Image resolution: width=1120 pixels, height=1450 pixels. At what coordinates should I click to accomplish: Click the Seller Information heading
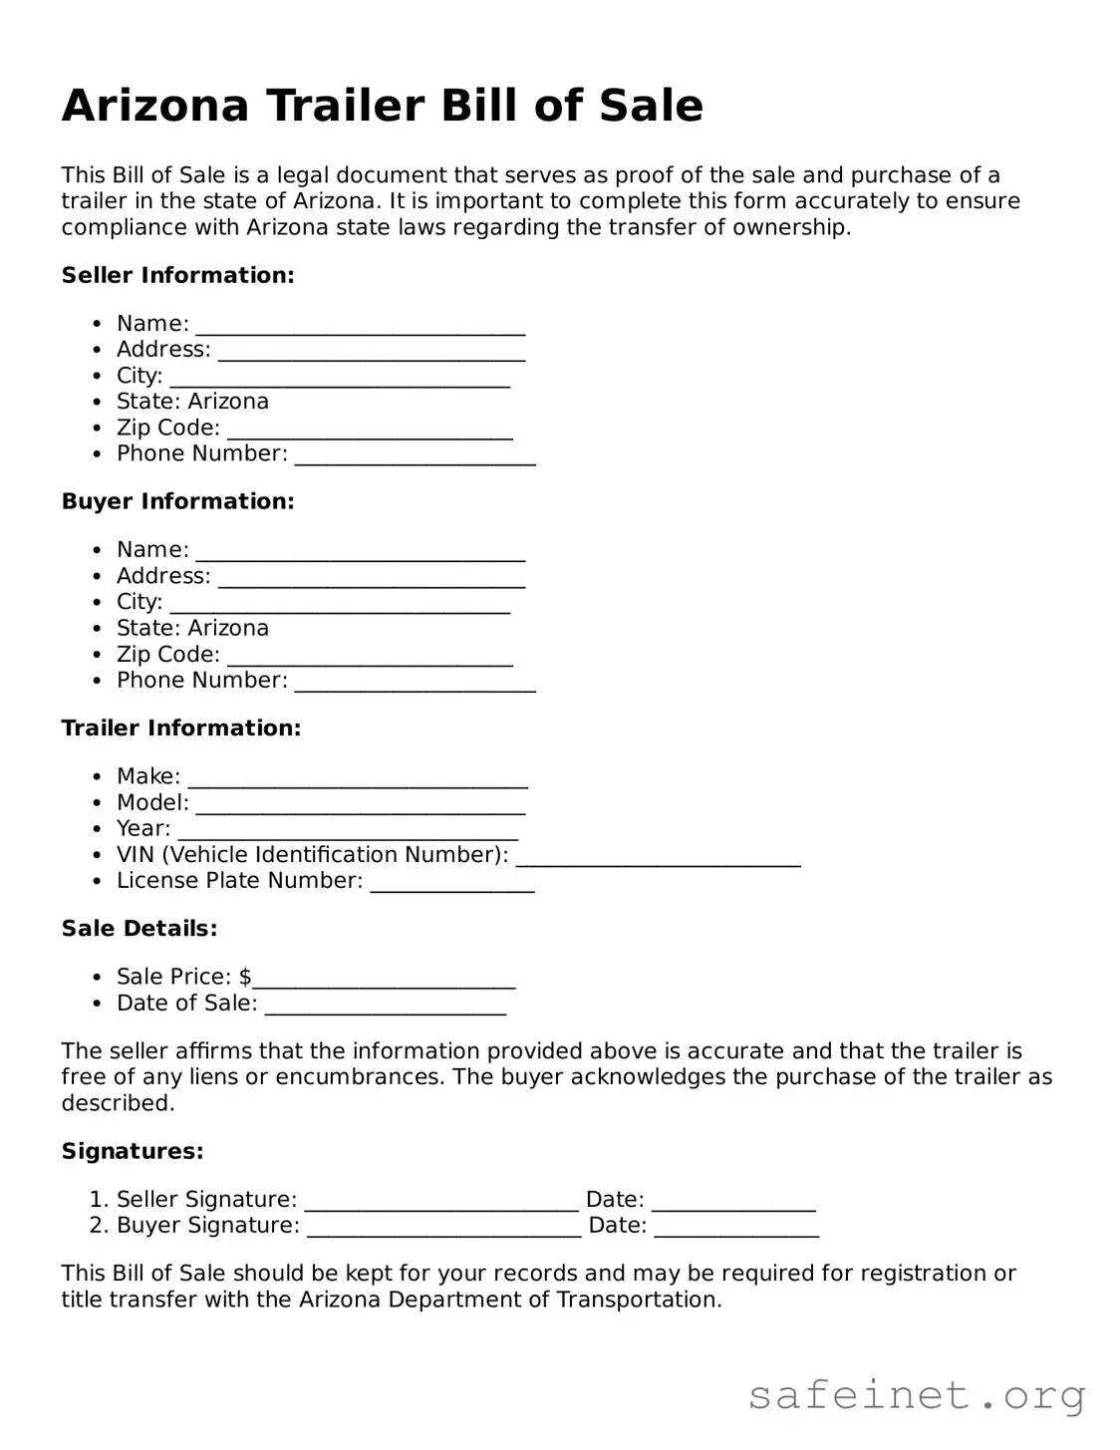tap(178, 275)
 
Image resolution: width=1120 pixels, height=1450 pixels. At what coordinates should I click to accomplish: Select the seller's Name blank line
tap(361, 330)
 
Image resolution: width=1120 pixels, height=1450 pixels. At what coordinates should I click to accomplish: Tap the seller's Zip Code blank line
tap(370, 434)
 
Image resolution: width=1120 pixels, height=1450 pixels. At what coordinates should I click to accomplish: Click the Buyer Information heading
tap(178, 501)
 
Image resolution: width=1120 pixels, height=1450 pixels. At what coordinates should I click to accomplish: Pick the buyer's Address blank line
tap(372, 582)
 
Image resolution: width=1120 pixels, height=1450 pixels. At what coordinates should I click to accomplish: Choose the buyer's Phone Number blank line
tap(415, 686)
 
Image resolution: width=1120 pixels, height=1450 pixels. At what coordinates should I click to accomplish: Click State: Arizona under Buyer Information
tap(192, 628)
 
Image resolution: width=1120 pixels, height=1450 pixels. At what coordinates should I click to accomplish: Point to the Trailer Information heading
tap(181, 727)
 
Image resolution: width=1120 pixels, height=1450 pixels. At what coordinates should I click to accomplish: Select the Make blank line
tap(358, 782)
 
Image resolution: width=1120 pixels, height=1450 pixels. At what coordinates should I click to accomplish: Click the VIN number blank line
tap(659, 861)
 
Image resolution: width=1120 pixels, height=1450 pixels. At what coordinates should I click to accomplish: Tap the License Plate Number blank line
tap(452, 887)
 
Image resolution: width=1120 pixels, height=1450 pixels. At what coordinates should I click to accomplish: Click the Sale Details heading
tap(140, 928)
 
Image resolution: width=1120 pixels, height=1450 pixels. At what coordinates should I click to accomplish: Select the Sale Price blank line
tap(384, 983)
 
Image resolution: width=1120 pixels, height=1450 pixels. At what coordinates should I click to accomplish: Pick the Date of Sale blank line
tap(386, 1009)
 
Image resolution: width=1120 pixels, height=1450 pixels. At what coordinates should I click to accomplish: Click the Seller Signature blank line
tap(441, 1205)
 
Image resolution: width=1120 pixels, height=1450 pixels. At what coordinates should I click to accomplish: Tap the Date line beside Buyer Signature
tap(736, 1231)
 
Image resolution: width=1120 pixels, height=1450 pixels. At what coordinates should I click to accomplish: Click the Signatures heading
tap(133, 1151)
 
